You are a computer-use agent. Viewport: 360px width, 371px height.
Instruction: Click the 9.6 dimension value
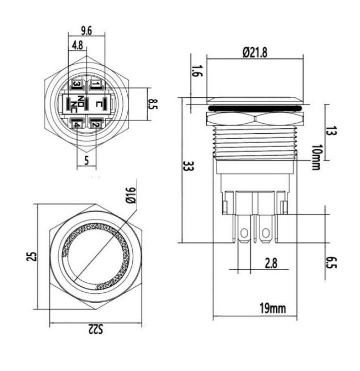(86, 30)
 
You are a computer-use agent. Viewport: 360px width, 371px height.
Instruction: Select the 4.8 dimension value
(77, 45)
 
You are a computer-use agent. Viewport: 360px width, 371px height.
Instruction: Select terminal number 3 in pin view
(77, 84)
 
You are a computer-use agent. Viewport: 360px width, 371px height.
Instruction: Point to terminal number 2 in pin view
(95, 123)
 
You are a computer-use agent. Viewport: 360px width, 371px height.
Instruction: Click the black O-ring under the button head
(256, 107)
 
